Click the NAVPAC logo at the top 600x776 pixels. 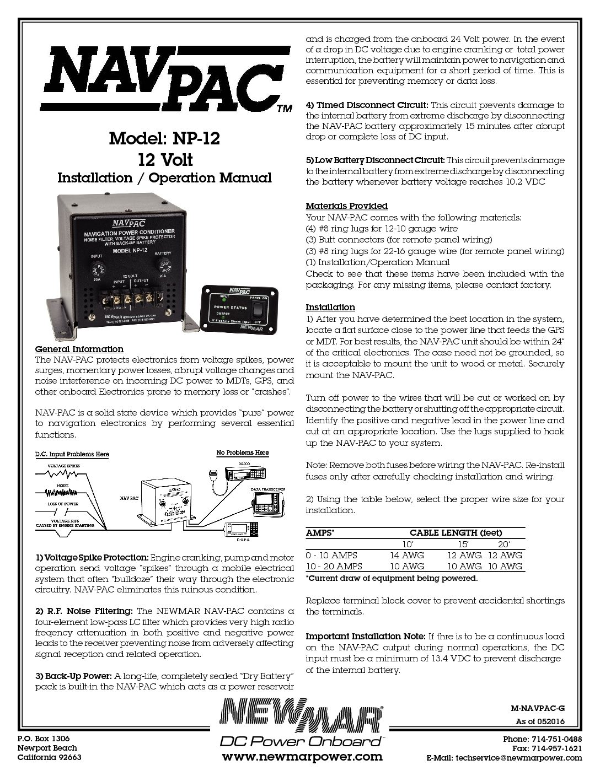click(164, 78)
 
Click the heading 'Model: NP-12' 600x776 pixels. click(164, 138)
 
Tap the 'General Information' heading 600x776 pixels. click(79, 349)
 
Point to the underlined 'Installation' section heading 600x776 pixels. click(330, 307)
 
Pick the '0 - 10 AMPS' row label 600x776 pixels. click(331, 555)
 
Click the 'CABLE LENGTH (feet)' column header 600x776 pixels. click(456, 533)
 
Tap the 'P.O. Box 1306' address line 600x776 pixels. click(44, 738)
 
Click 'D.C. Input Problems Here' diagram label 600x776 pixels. click(72, 455)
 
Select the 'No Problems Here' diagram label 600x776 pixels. click(243, 452)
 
